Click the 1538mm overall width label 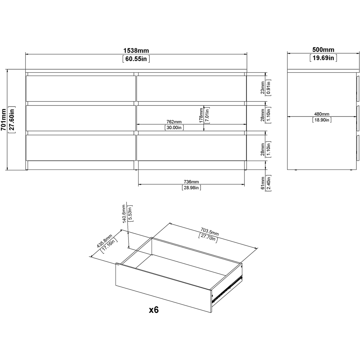point(136,50)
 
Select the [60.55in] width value point(136,58)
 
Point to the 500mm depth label point(323,50)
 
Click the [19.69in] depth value point(323,58)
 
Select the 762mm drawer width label point(174,122)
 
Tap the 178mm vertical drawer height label point(201,115)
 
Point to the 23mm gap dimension point(263,88)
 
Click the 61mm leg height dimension point(263,183)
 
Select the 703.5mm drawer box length point(210,232)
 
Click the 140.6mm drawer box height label point(124,214)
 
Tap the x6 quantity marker point(154,310)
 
